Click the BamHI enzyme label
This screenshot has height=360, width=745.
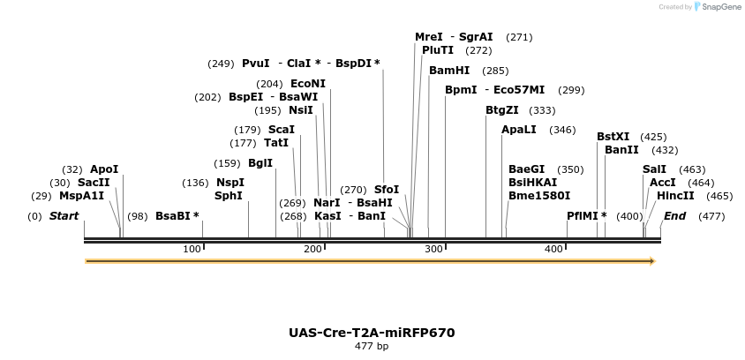point(449,71)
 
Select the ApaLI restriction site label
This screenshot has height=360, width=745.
point(519,130)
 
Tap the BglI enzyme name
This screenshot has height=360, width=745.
point(260,163)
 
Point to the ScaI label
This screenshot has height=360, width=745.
point(282,130)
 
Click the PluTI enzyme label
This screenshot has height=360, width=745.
point(438,50)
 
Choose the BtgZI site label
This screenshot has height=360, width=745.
point(502,110)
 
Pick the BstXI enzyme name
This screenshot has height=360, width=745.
point(613,137)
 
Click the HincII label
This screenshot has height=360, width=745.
point(675,196)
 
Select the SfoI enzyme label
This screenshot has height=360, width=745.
point(387,190)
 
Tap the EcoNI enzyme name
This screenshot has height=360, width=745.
point(308,84)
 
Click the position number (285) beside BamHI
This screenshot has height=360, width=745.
point(496,71)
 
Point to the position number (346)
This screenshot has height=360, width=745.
point(562,131)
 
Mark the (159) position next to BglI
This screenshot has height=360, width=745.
point(227,163)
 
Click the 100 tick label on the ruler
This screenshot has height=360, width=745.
point(192,250)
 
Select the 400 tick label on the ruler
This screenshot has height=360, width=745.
point(553,250)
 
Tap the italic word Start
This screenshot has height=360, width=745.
point(64,216)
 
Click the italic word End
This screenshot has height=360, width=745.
point(674,216)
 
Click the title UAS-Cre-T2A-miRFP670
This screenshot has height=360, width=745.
point(372,333)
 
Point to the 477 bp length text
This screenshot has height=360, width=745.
point(372,347)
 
